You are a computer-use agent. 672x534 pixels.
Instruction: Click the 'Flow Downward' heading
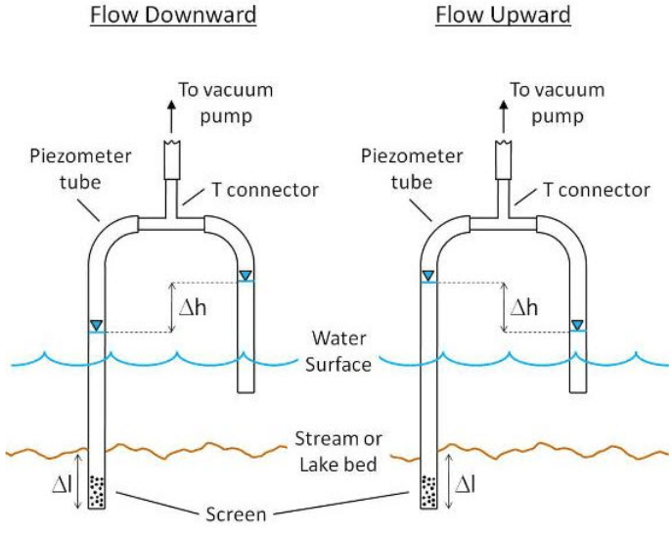pos(173,16)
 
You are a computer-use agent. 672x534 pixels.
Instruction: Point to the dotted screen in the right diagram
pos(429,492)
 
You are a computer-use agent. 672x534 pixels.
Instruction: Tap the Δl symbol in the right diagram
pos(469,482)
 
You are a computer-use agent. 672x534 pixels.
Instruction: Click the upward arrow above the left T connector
pos(171,115)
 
